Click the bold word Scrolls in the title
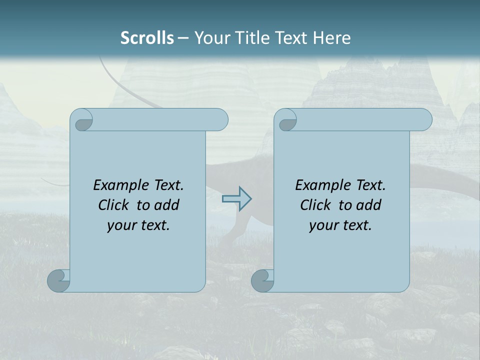pyautogui.click(x=147, y=38)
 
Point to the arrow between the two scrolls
pyautogui.click(x=236, y=199)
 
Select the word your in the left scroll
pyautogui.click(x=121, y=225)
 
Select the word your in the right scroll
pyautogui.click(x=323, y=225)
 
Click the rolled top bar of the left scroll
pyautogui.click(x=160, y=119)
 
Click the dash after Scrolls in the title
pyautogui.click(x=183, y=38)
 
